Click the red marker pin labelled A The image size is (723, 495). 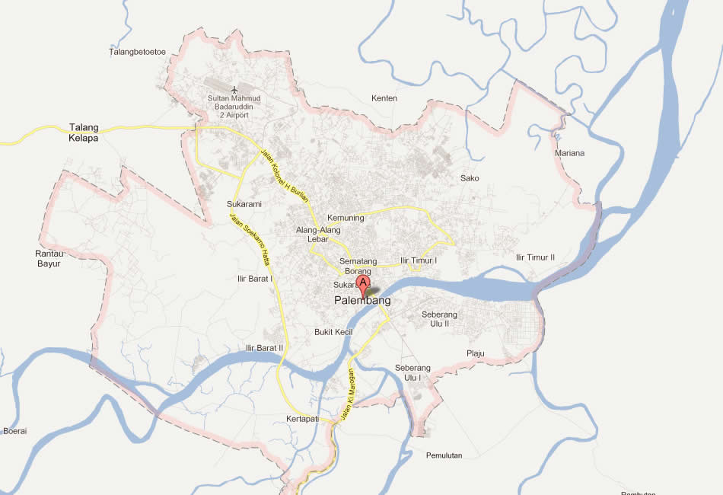364,285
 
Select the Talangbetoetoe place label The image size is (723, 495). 138,52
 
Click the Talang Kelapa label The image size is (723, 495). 84,133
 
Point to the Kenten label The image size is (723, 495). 384,98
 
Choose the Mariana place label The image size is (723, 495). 569,153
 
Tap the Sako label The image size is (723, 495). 470,178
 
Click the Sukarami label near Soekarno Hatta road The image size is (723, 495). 244,204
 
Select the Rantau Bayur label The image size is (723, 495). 49,259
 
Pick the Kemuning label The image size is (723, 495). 346,218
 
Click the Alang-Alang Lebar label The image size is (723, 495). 318,235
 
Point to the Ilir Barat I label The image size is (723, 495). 255,279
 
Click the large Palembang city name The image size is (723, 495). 362,301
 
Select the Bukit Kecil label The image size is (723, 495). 333,332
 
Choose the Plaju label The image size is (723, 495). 476,353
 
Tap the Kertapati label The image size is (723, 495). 300,420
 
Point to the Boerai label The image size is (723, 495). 15,431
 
